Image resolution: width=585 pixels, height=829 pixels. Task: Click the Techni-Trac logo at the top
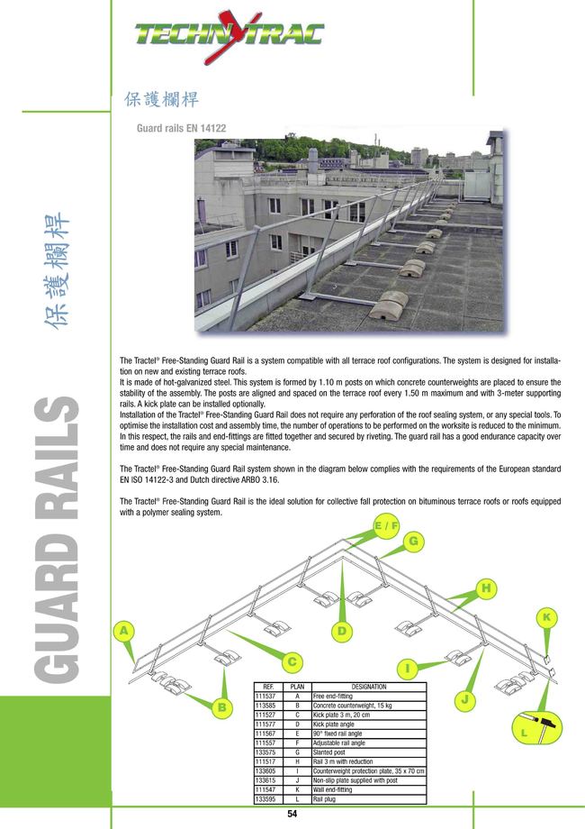[x=229, y=35]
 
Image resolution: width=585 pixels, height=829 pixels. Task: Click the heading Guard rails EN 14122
[x=181, y=129]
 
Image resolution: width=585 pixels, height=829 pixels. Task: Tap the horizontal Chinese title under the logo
[x=159, y=98]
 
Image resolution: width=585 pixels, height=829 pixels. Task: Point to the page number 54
[x=292, y=815]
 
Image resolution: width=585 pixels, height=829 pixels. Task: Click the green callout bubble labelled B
[x=221, y=708]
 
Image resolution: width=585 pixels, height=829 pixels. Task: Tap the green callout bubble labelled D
[x=342, y=631]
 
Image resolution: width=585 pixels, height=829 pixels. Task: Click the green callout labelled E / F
[x=386, y=525]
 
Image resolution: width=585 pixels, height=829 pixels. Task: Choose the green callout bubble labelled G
[x=414, y=542]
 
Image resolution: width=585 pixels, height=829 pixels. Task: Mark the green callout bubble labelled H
[x=487, y=588]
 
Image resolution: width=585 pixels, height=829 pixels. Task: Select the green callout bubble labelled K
[x=546, y=617]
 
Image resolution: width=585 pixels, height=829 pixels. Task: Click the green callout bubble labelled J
[x=465, y=699]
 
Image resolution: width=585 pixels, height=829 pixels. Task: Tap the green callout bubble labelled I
[x=408, y=669]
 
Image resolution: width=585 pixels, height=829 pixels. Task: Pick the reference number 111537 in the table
[x=265, y=696]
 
